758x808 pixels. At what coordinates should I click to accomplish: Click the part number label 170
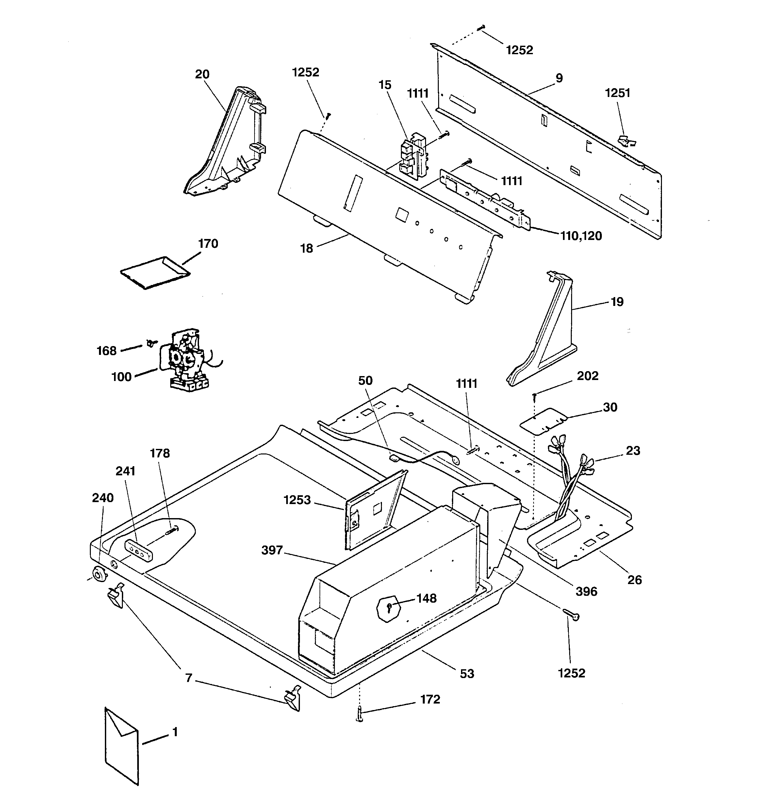point(208,244)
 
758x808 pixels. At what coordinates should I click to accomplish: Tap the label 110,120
point(581,236)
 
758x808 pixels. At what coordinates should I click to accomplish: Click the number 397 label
point(272,550)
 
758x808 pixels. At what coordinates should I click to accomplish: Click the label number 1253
point(297,500)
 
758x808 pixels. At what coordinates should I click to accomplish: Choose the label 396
point(586,591)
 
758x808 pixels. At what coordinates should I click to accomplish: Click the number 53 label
point(467,674)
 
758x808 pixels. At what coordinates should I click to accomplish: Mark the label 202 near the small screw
point(587,376)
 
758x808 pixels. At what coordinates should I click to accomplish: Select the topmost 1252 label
point(519,50)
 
